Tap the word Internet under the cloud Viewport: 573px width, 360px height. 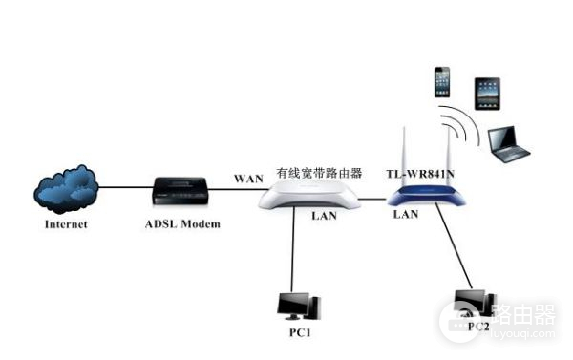click(66, 224)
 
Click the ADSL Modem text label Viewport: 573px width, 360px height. click(182, 224)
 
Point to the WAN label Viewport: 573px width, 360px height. click(249, 179)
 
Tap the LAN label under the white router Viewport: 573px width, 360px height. click(324, 217)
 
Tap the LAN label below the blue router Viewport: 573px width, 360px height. click(406, 215)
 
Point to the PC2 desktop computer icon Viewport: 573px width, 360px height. click(474, 304)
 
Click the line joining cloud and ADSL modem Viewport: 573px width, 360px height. click(124, 188)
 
